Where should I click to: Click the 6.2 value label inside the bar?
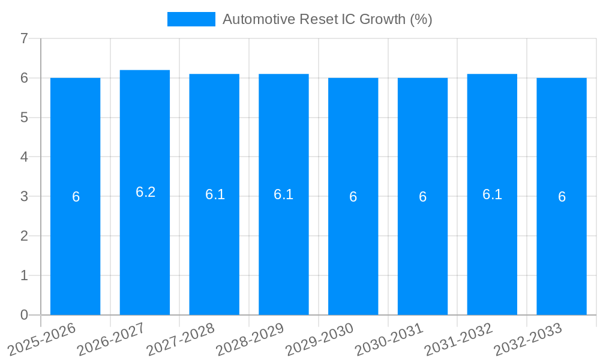coord(145,192)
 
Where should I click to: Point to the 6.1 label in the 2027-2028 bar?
coord(215,194)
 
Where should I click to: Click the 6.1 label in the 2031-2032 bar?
coord(492,194)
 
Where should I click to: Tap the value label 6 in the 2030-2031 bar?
coord(422,197)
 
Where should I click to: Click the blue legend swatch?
coord(191,19)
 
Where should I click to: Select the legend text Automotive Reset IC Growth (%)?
coord(327,19)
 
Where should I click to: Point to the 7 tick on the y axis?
coord(24,38)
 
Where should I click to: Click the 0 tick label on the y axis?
coord(24,315)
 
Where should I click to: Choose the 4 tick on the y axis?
coord(24,157)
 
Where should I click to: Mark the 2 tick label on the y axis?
coord(24,236)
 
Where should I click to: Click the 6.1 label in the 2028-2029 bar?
coord(283,194)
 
